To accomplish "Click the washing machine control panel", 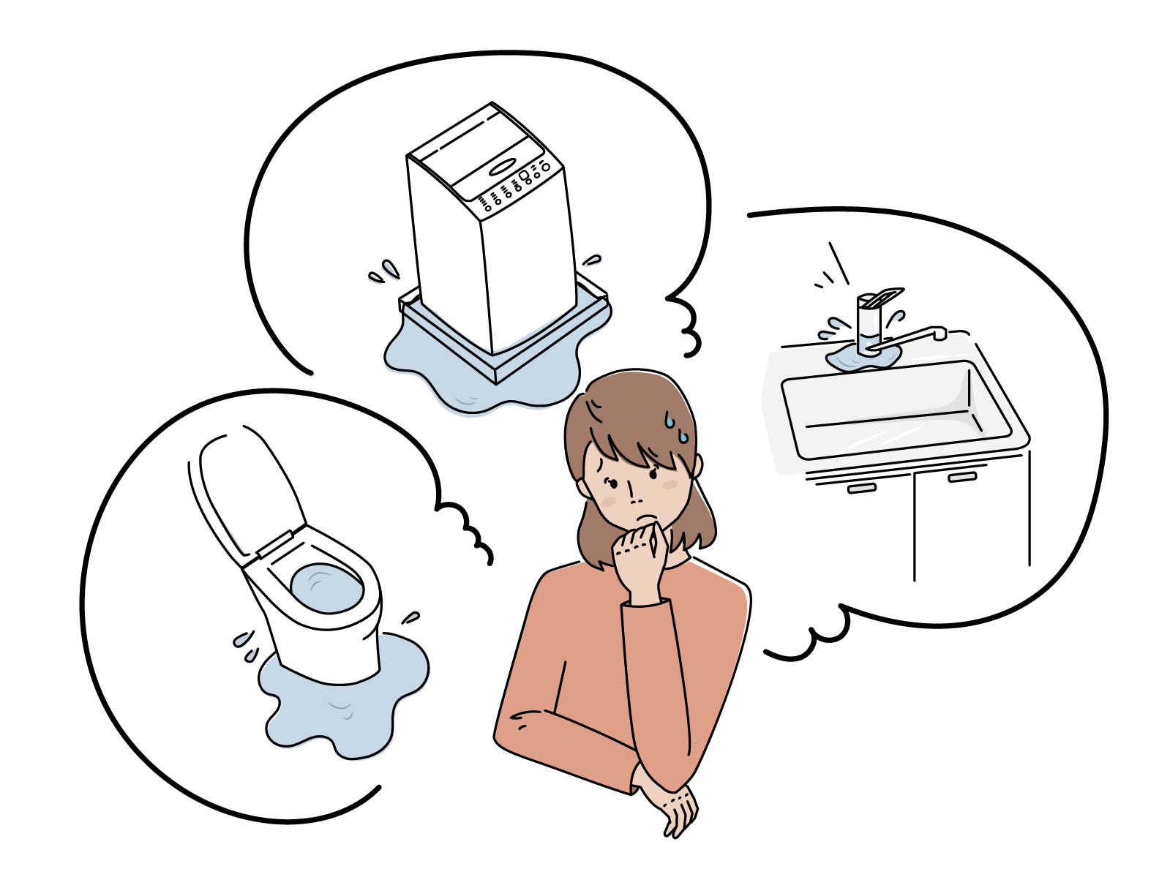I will [512, 183].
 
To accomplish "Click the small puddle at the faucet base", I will [856, 358].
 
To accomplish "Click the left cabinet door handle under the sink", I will [861, 487].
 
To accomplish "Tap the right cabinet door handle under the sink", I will [961, 477].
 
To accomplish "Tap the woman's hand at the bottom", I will [673, 805].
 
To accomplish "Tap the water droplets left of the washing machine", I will [383, 272].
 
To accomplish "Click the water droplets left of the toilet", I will [245, 644].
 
